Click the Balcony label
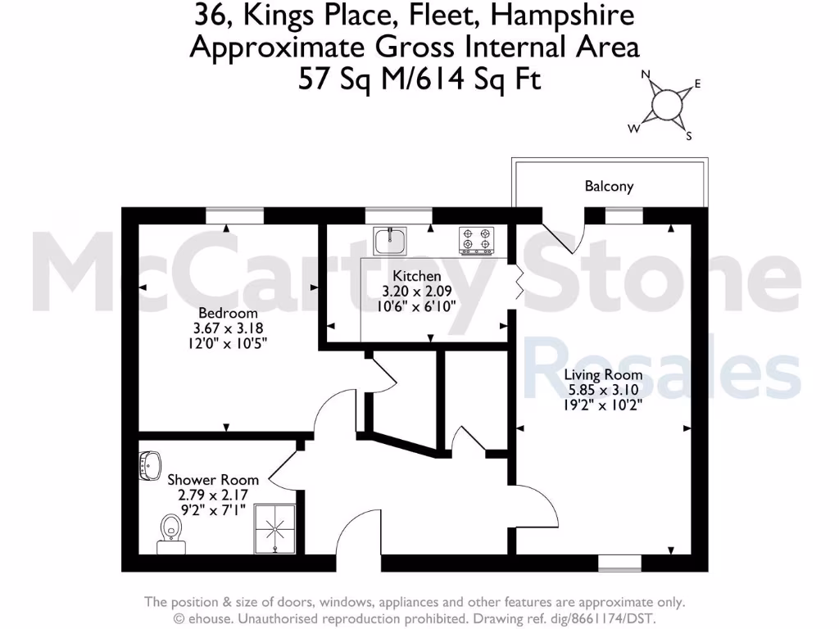[609, 187]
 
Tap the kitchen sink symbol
[390, 240]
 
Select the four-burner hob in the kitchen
[477, 239]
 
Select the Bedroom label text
[228, 313]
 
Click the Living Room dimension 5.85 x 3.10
[603, 390]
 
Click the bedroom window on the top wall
[234, 215]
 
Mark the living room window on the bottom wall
[619, 563]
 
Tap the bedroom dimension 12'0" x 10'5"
[228, 342]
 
